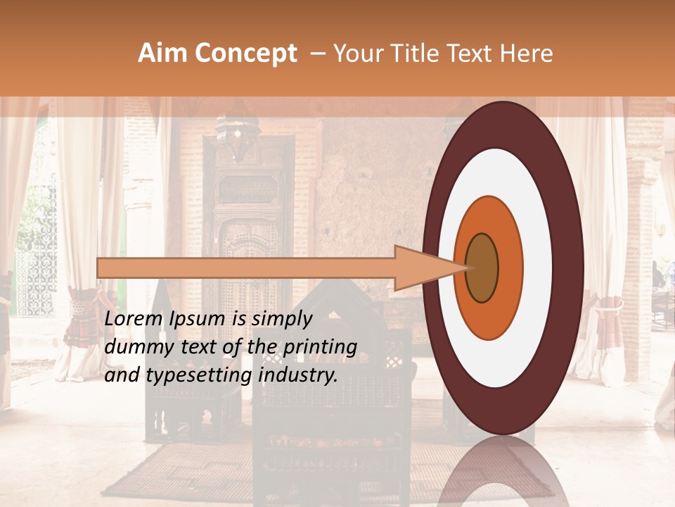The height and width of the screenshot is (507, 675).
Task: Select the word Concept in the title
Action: point(245,54)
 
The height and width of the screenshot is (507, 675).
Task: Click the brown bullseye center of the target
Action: point(482,268)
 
